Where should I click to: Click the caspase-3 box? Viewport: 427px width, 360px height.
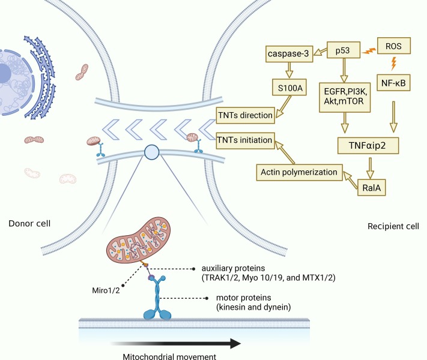pyautogui.click(x=290, y=55)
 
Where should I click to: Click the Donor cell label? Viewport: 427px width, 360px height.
pyautogui.click(x=29, y=224)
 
